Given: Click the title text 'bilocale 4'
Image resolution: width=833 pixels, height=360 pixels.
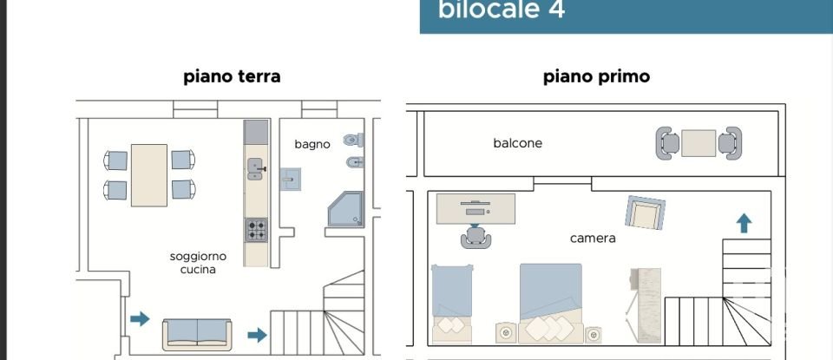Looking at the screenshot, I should coord(502,10).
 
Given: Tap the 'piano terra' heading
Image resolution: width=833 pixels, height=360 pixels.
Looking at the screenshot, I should coord(232,76).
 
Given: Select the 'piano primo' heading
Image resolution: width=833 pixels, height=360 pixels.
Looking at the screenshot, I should coord(596,76).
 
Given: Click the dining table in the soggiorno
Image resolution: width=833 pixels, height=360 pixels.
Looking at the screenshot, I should coord(149,175).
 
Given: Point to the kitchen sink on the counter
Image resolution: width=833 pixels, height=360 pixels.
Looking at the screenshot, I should coord(255,168).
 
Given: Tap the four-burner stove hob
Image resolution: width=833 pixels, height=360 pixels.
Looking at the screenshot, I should coord(256,229).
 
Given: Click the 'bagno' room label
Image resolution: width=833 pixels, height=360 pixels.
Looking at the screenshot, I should coord(312,144).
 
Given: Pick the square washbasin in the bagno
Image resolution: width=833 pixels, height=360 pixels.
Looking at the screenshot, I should coord(289,180).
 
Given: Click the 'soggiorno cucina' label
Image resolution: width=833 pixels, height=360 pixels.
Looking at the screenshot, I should coord(198,263).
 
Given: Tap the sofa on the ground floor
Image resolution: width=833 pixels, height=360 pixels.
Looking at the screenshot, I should coord(197,331).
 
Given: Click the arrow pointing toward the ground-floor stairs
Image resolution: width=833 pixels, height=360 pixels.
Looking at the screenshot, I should coord(257,335).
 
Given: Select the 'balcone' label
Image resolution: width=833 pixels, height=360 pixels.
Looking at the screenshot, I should coord(517,143).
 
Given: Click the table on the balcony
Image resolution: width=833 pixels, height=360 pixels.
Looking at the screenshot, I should coord(699,143).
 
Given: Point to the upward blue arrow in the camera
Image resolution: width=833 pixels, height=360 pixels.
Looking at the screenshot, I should coord(744,223).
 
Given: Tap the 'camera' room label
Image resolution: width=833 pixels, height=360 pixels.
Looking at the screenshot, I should coord(593,238).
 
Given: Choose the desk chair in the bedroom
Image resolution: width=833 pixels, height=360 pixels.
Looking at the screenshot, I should coord(474,237).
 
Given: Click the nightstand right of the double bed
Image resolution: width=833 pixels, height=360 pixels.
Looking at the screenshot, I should coord(594,333).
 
